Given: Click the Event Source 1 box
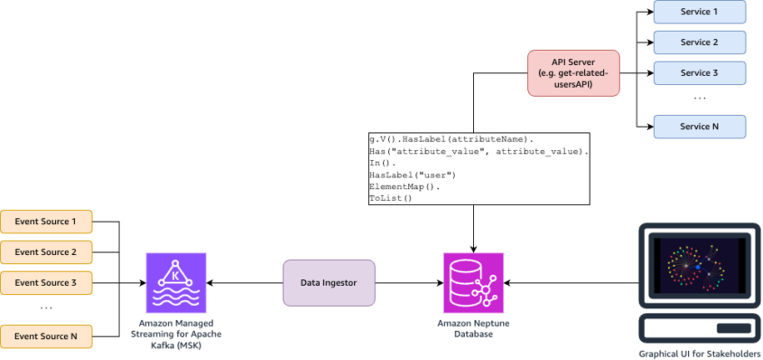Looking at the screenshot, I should (x=46, y=222).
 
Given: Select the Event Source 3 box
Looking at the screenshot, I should (x=46, y=282).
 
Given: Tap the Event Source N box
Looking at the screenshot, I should (x=46, y=336).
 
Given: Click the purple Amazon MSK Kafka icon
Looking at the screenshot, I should (x=176, y=282).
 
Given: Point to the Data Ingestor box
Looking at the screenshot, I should (x=329, y=282).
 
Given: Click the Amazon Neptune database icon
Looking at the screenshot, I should (x=474, y=282).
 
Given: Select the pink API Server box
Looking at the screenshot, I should (x=573, y=72).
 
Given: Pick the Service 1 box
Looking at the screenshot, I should (x=699, y=12).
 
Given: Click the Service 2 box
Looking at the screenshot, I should (x=699, y=42).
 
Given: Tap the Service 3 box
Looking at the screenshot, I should (x=699, y=72).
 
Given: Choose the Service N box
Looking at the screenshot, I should (x=699, y=127).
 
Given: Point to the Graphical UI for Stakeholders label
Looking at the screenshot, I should (x=700, y=353).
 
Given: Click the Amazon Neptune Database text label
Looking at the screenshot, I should (x=474, y=327).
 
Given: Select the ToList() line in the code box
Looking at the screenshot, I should (x=391, y=198).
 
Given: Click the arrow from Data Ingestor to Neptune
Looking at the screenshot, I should (x=409, y=282).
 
